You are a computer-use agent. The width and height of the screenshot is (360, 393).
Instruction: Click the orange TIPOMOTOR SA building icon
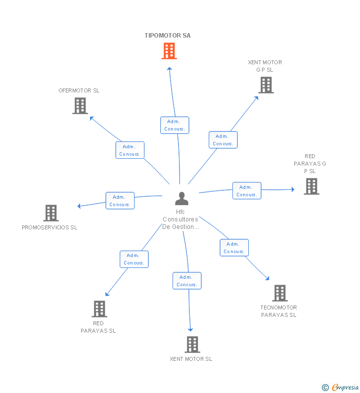tap(169, 51)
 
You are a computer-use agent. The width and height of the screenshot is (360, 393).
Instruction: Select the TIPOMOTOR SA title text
tap(168, 36)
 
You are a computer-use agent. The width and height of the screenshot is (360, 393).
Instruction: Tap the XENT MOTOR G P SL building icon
tap(266, 85)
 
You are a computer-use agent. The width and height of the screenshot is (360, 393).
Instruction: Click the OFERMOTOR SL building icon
tap(80, 106)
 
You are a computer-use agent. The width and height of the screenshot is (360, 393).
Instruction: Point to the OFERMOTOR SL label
tap(79, 90)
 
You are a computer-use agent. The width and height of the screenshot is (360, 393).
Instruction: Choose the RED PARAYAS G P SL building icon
tap(311, 186)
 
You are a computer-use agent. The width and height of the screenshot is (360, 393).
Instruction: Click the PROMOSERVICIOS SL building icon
tap(51, 213)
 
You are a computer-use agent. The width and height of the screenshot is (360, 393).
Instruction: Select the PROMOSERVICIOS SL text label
tap(49, 227)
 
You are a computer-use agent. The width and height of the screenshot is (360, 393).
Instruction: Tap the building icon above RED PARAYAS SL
tap(99, 309)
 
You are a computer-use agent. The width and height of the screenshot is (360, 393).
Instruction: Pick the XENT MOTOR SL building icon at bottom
tap(192, 345)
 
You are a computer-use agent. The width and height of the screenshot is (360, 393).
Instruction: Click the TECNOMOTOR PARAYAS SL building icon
tap(279, 293)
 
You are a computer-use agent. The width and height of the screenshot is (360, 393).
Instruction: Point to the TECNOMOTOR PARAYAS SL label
tap(279, 311)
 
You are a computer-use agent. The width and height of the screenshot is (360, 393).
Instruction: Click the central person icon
tap(182, 198)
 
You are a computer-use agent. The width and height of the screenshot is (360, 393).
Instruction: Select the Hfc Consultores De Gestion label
tap(180, 219)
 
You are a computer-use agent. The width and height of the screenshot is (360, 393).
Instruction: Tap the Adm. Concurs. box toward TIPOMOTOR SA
tap(175, 125)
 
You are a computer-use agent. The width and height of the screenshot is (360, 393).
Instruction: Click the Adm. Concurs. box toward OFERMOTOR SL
tap(130, 150)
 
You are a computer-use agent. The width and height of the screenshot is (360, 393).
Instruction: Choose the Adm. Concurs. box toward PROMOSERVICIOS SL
tap(120, 201)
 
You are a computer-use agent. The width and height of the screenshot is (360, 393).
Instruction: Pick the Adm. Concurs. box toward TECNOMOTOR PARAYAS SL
tap(234, 248)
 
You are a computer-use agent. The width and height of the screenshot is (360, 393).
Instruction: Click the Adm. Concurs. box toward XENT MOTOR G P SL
tap(223, 140)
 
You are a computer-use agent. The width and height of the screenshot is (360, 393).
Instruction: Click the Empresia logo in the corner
tap(340, 387)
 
